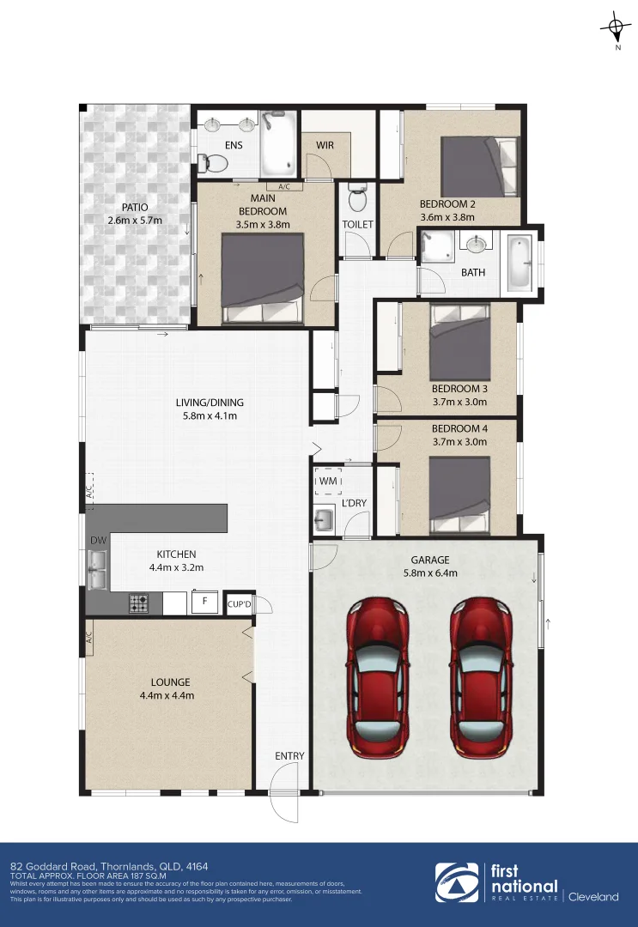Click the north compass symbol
tap(616, 28)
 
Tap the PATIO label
tap(134, 207)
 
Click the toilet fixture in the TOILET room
tap(357, 199)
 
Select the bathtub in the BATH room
tap(521, 264)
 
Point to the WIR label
tap(325, 145)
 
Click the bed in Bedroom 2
tap(479, 167)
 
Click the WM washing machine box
tap(328, 482)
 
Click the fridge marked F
tap(204, 602)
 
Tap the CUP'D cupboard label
tap(239, 604)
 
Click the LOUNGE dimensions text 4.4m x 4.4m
tap(167, 695)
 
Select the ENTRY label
tap(289, 755)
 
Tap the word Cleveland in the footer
tap(593, 897)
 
